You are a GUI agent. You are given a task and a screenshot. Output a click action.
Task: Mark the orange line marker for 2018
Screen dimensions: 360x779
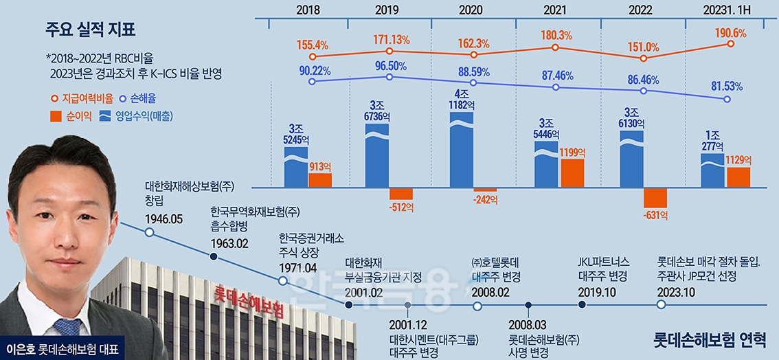(x=313, y=57)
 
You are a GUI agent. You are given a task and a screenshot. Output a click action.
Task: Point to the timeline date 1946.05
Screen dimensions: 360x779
(x=164, y=218)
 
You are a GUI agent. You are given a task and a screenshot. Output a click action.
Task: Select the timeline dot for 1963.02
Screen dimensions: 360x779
(x=214, y=257)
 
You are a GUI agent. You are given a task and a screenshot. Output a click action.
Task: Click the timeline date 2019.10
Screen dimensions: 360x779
(x=598, y=291)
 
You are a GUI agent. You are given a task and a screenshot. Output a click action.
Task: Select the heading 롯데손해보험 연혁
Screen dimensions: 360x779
(x=709, y=339)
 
